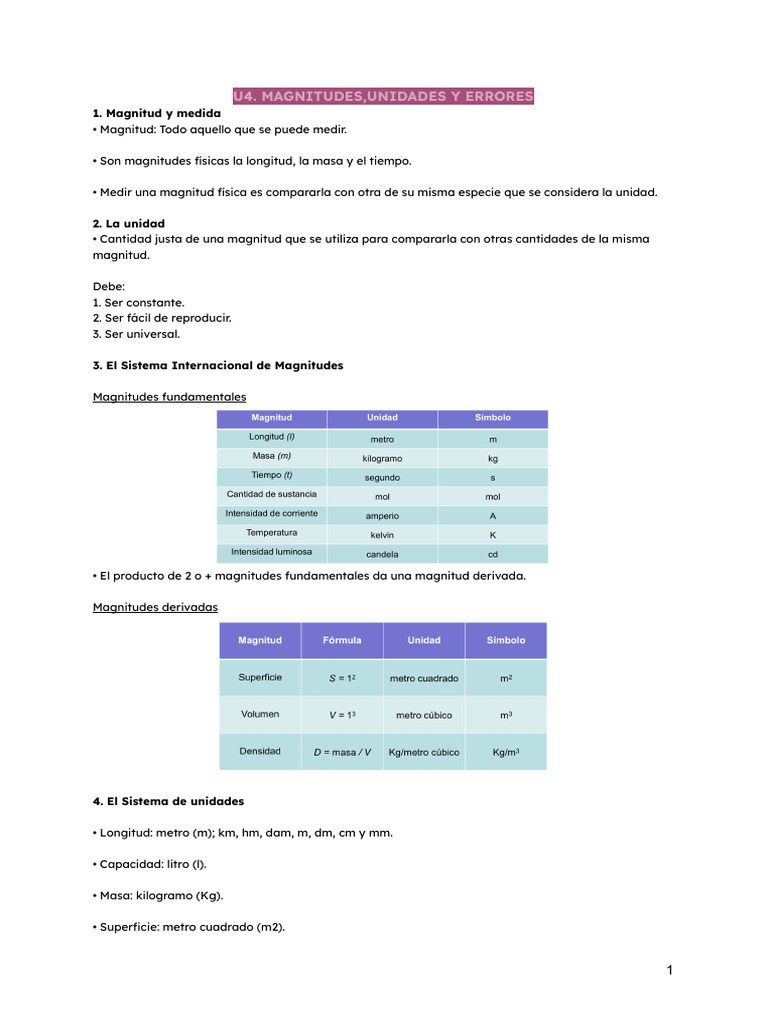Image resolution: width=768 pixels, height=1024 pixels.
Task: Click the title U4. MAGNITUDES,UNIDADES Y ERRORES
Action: click(383, 96)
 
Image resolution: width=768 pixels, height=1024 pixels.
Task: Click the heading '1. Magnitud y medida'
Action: click(156, 113)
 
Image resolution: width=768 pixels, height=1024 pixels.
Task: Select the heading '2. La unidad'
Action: click(128, 223)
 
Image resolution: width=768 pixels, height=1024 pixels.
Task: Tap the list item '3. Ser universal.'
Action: click(136, 334)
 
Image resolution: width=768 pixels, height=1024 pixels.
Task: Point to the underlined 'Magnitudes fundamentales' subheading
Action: click(169, 397)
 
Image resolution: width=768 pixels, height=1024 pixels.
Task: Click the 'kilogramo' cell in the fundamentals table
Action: click(382, 458)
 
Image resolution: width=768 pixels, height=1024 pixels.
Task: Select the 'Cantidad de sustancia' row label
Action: click(271, 495)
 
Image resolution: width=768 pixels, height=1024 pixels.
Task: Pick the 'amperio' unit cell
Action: click(382, 516)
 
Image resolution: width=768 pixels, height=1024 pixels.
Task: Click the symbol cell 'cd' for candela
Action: click(492, 554)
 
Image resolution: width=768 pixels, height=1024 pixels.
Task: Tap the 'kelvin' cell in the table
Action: click(382, 535)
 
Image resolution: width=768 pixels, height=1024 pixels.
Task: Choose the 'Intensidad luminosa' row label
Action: click(271, 552)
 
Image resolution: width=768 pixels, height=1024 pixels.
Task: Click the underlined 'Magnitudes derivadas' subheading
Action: click(155, 607)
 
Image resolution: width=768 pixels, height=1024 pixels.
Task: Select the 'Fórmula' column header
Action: click(342, 640)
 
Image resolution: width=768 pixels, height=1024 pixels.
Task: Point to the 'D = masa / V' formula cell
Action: click(342, 752)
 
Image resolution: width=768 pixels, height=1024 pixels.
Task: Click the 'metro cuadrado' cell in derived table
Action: click(424, 678)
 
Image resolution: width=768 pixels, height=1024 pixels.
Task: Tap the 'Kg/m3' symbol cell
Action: click(506, 752)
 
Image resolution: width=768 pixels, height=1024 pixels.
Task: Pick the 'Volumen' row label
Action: click(260, 715)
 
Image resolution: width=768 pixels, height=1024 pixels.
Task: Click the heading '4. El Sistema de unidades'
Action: click(168, 801)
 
